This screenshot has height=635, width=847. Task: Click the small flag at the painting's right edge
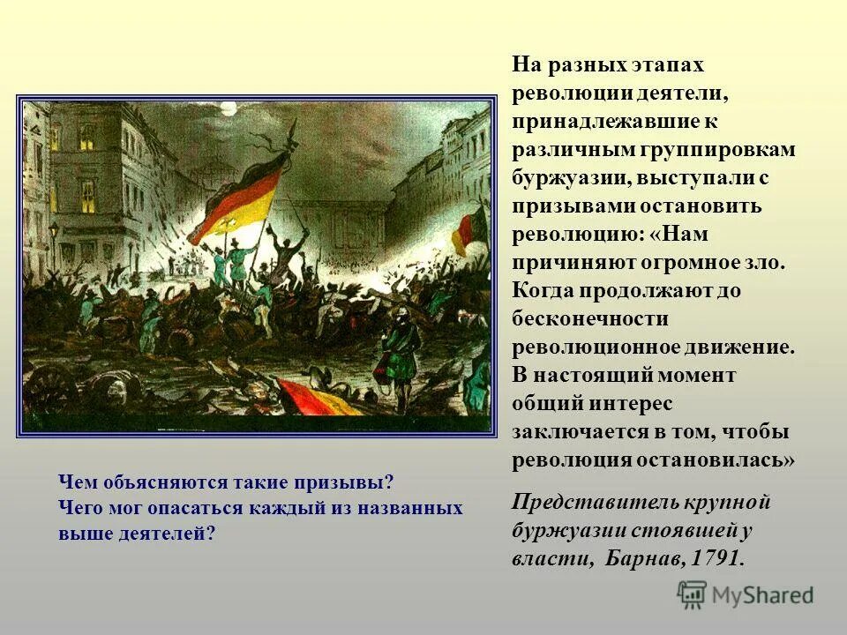(x=468, y=228)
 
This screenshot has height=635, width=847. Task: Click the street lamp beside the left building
(x=55, y=232)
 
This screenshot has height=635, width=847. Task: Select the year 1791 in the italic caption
(x=718, y=558)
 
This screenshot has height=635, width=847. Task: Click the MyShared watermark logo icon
(x=692, y=594)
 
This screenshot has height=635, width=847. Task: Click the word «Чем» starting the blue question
(x=75, y=483)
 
